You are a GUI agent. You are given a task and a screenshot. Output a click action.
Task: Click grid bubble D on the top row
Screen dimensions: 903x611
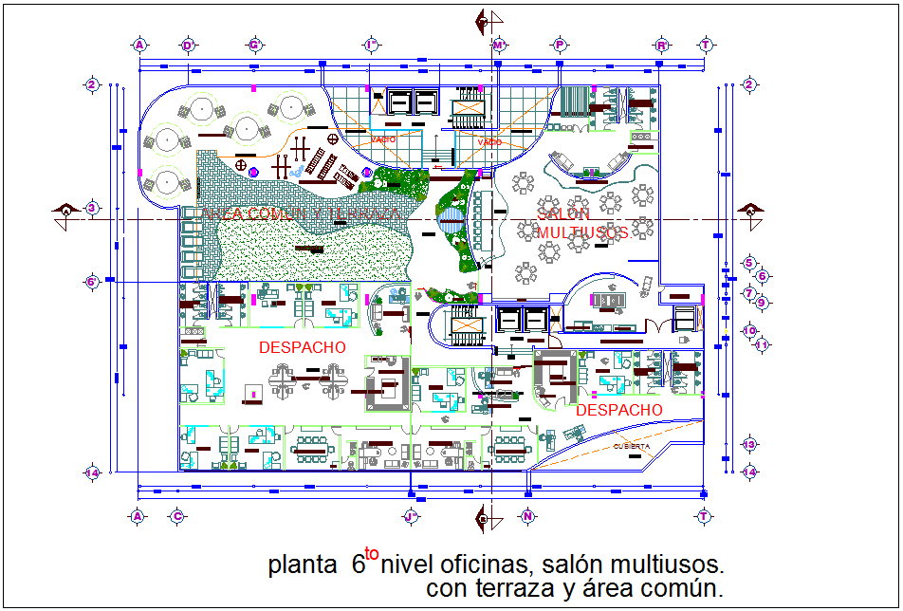188,45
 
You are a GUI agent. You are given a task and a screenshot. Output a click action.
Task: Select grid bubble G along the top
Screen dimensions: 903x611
254,45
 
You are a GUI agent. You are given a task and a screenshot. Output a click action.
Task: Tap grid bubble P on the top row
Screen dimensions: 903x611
561,45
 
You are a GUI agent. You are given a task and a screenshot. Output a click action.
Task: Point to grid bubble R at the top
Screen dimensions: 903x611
661,45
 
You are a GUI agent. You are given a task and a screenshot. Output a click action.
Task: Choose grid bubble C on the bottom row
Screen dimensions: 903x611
176,516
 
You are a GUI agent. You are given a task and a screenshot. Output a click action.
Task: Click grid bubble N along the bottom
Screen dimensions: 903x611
526,516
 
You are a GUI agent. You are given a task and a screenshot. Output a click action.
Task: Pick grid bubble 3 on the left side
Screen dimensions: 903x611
92,208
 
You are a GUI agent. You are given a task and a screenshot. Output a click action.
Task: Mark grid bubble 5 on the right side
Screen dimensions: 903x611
748,264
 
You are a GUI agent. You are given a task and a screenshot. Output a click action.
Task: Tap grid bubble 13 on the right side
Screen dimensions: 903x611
748,444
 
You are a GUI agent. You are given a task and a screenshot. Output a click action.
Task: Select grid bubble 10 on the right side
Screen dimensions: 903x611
748,331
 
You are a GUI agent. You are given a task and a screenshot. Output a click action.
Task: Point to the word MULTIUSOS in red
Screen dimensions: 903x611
583,232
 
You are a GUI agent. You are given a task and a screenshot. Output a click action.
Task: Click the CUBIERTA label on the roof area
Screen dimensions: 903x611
632,446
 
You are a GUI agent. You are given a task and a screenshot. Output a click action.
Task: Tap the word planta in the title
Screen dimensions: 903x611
295,566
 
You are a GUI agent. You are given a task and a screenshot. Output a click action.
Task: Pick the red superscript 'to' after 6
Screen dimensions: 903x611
372,553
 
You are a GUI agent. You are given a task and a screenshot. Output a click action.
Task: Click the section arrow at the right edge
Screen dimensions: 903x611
749,211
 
